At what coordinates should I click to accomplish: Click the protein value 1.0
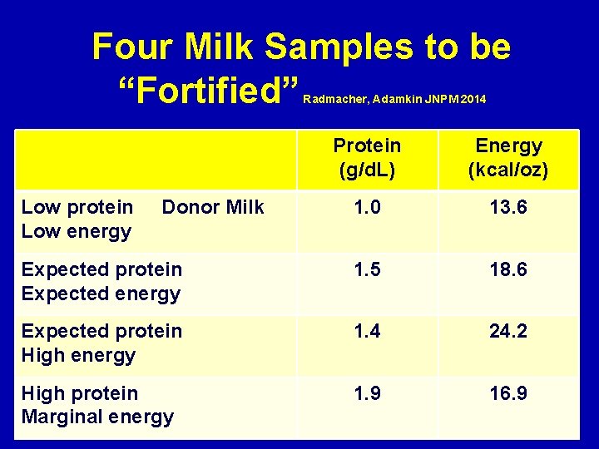(367, 208)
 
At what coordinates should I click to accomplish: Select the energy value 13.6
(508, 208)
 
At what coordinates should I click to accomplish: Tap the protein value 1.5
(367, 270)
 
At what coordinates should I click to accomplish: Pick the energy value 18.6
(508, 270)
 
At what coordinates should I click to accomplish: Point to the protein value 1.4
(367, 332)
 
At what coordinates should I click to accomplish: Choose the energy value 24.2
(508, 332)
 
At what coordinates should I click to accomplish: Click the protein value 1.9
(367, 393)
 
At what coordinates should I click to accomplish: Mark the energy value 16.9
(508, 393)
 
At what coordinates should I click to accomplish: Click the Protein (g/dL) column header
(367, 158)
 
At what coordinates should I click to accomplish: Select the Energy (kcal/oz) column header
(508, 158)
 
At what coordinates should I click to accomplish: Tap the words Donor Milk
(213, 208)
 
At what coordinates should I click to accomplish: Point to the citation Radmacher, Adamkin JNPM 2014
(394, 100)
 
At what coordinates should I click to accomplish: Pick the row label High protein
(80, 393)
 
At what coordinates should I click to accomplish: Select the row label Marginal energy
(97, 417)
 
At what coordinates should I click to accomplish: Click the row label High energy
(78, 355)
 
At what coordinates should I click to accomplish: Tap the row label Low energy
(77, 231)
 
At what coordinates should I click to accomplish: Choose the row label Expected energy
(101, 294)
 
